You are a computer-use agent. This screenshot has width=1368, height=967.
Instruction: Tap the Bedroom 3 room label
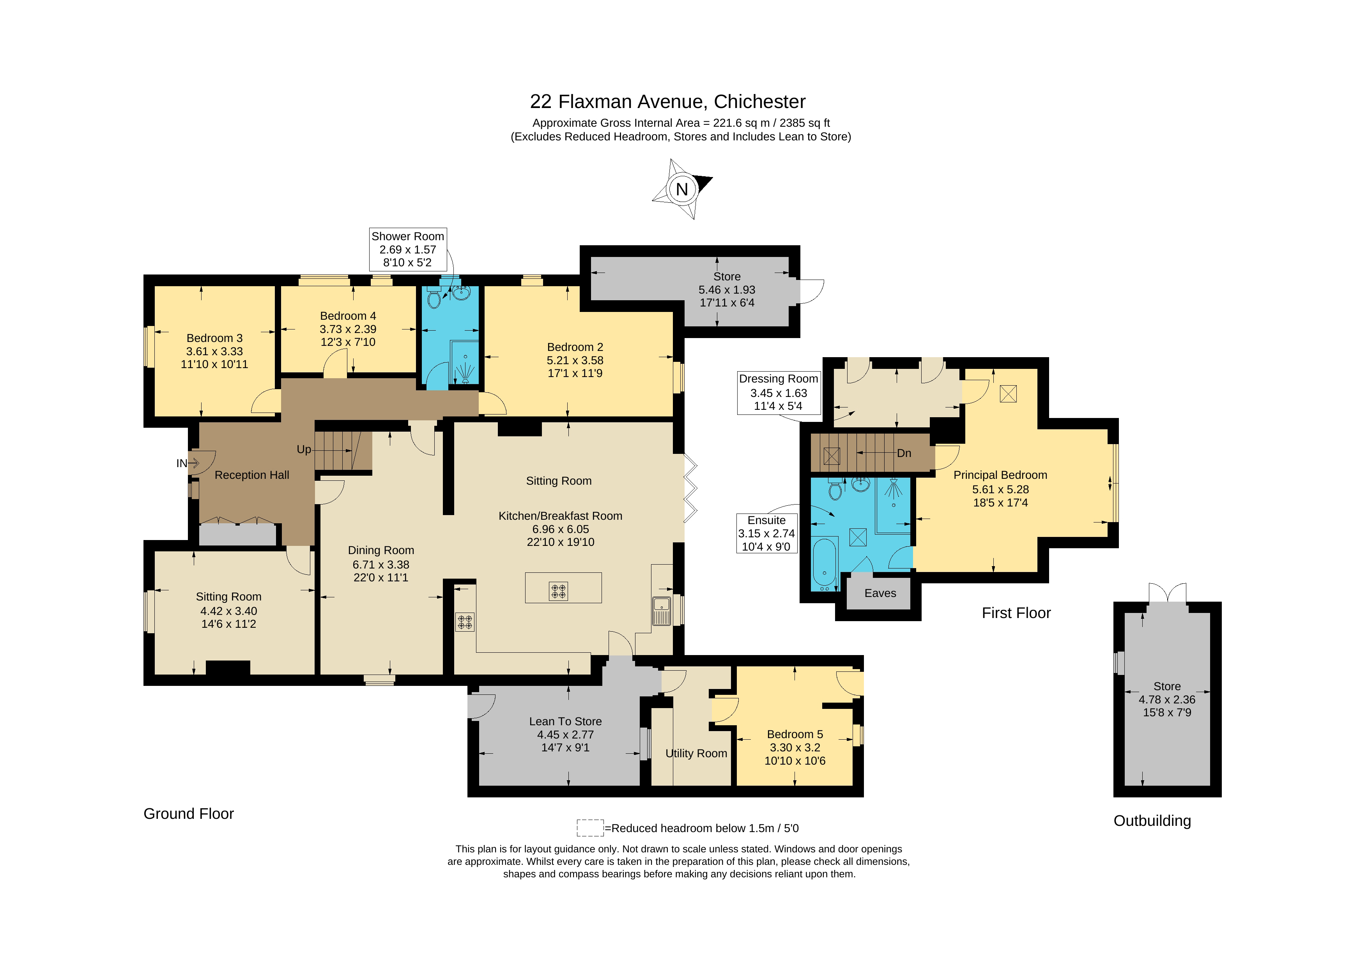(214, 338)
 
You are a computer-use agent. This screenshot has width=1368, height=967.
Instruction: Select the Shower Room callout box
(407, 249)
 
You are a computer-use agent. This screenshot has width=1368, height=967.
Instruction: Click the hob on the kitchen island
(558, 591)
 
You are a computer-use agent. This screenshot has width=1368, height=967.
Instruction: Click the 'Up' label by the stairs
(304, 449)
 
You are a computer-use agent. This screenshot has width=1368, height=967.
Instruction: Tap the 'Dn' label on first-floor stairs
(904, 453)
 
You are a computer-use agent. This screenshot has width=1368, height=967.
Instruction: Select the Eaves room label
(880, 593)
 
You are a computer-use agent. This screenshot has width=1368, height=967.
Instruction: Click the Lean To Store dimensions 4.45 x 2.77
(565, 735)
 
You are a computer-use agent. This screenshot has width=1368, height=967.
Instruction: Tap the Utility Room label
(696, 753)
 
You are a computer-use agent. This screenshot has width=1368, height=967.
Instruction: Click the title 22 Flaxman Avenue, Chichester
(667, 101)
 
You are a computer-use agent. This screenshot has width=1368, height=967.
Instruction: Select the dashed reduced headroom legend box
(590, 827)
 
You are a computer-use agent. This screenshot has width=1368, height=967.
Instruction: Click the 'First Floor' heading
(1016, 613)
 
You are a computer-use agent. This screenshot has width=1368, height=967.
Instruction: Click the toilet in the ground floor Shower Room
(434, 298)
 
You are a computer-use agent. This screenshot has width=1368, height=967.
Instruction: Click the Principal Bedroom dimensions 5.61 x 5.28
(1000, 489)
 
